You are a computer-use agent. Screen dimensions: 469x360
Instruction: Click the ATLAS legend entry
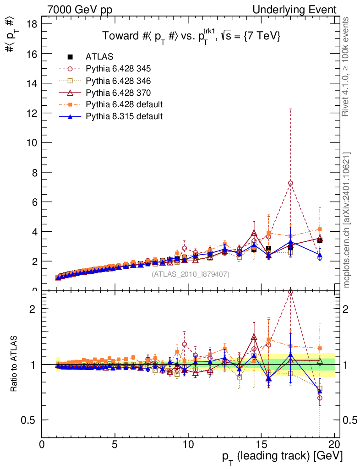[x=99, y=57]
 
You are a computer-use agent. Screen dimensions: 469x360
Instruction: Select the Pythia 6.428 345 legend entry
[x=118, y=69]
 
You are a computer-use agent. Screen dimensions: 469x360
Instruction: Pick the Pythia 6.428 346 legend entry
[x=118, y=81]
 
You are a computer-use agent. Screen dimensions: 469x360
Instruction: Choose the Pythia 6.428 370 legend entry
[x=118, y=93]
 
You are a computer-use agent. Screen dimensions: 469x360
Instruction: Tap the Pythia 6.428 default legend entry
[x=124, y=104]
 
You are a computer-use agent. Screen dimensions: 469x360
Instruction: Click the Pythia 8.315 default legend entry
[x=124, y=116]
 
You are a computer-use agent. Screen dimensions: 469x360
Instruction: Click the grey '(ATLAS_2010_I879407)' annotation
[x=190, y=274]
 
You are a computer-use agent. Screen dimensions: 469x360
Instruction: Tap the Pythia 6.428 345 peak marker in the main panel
[x=290, y=183]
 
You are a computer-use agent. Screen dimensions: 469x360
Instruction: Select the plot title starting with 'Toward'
[x=191, y=36]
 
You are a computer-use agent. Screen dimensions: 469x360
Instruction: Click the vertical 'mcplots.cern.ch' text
[x=347, y=220]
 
